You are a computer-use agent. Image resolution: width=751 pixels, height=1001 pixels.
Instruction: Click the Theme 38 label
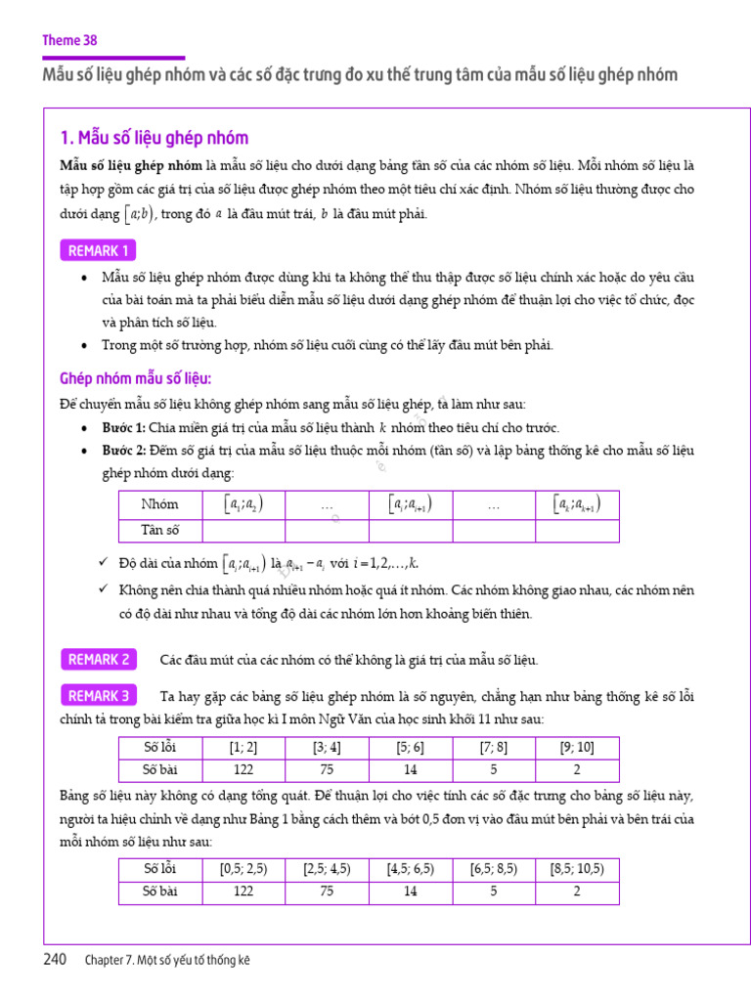point(69,40)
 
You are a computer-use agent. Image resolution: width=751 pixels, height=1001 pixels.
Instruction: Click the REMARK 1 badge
point(99,251)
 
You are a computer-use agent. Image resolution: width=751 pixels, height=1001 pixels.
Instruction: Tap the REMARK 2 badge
point(99,660)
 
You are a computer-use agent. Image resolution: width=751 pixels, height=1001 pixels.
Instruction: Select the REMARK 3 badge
point(99,696)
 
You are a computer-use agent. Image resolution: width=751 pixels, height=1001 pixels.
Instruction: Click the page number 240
point(56,959)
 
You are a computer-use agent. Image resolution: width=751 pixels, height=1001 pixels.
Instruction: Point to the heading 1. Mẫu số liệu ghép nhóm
point(155,138)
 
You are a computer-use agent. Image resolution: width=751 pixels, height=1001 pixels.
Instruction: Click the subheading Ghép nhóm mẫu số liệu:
point(136,378)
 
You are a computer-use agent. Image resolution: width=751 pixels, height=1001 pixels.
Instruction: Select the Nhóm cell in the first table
point(160,504)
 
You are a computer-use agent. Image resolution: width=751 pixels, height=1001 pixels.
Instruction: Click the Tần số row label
point(160,530)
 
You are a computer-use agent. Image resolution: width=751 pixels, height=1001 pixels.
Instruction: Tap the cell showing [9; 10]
point(577,748)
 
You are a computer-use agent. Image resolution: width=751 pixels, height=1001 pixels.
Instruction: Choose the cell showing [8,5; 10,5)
point(577,868)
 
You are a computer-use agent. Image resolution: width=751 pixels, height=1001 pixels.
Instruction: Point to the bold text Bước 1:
point(124,428)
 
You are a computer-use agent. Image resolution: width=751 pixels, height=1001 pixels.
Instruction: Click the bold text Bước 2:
point(124,451)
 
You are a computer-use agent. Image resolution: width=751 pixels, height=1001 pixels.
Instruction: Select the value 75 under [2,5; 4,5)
point(327,891)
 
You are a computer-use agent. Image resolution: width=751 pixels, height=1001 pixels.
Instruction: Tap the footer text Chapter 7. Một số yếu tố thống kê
point(167,960)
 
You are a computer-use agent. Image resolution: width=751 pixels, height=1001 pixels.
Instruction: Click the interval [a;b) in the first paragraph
point(138,214)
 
